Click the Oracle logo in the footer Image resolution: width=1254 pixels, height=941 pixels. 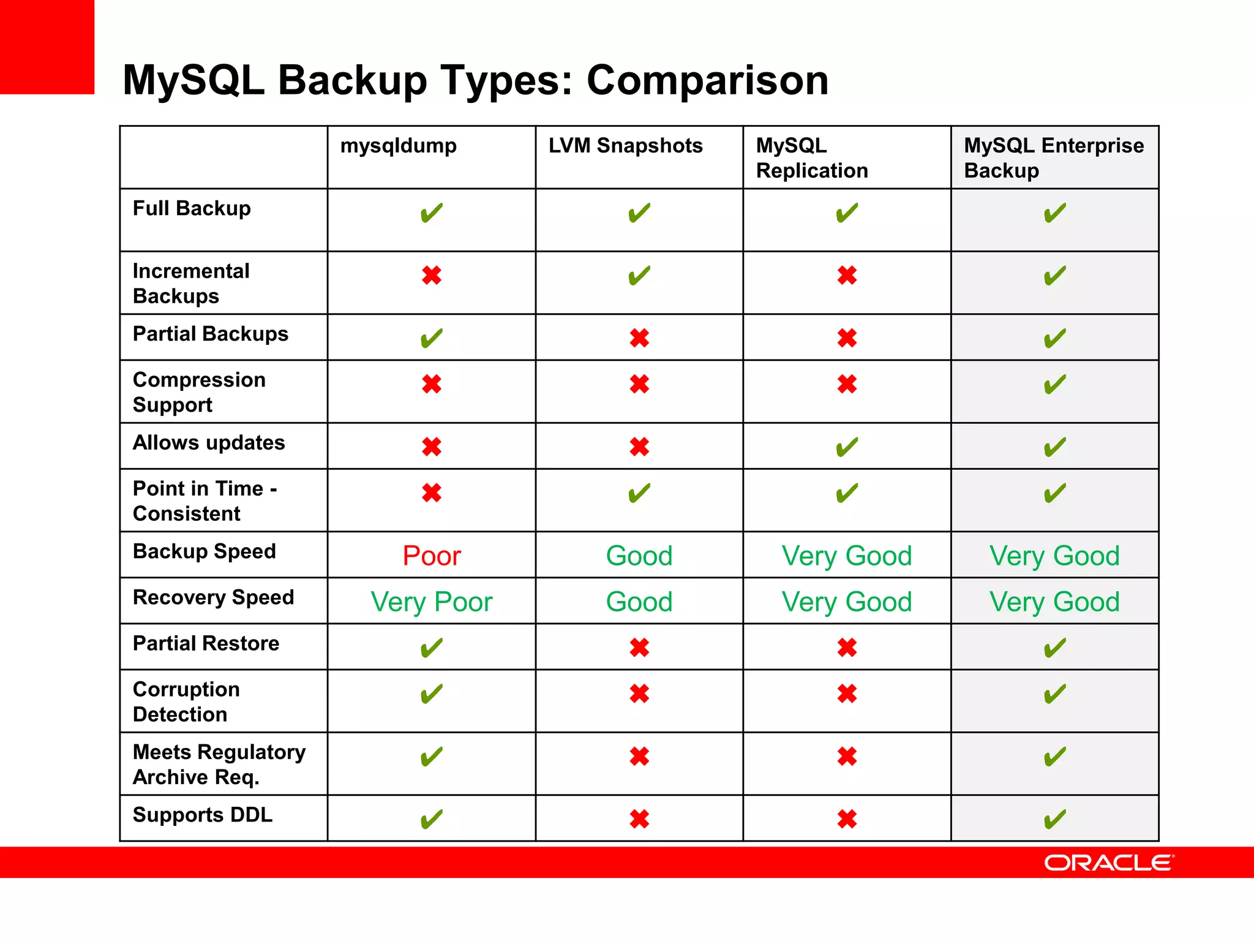pyautogui.click(x=1109, y=863)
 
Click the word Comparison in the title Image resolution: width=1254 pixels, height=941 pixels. pyautogui.click(x=707, y=80)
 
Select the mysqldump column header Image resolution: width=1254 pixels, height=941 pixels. pyautogui.click(x=399, y=146)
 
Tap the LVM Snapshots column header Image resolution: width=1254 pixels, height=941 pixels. pyautogui.click(x=625, y=146)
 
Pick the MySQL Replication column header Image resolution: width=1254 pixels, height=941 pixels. pyautogui.click(x=812, y=157)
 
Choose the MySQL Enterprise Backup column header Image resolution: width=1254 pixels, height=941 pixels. pyautogui.click(x=1053, y=157)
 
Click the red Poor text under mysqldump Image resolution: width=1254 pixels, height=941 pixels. pyautogui.click(x=431, y=556)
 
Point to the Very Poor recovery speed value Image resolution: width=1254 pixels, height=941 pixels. pyautogui.click(x=431, y=602)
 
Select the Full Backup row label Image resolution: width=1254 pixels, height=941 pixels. pyautogui.click(x=192, y=208)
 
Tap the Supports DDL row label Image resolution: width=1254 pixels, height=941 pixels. pyautogui.click(x=203, y=815)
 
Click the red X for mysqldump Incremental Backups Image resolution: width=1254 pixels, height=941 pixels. pyautogui.click(x=431, y=276)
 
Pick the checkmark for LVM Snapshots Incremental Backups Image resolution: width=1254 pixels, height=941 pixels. pyautogui.click(x=639, y=276)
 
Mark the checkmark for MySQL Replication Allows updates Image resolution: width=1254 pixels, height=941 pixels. pyautogui.click(x=847, y=447)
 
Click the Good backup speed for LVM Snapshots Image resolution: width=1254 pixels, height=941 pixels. pyautogui.click(x=639, y=556)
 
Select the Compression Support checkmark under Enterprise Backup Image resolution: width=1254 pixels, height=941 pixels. pyautogui.click(x=1054, y=385)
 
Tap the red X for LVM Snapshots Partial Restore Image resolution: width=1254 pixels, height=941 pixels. pyautogui.click(x=639, y=648)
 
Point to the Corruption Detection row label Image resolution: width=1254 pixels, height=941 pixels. pyautogui.click(x=186, y=701)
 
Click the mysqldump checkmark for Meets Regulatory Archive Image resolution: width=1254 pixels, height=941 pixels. pyautogui.click(x=431, y=757)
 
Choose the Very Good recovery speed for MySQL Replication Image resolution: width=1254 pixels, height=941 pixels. pyautogui.click(x=847, y=602)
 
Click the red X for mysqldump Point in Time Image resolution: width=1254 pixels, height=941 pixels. pyautogui.click(x=431, y=493)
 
